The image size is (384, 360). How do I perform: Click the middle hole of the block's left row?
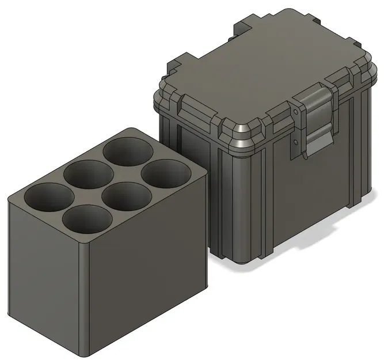[x=87, y=175]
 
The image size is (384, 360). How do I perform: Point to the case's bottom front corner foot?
[x=245, y=259]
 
